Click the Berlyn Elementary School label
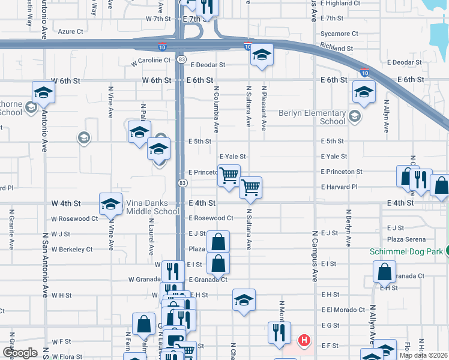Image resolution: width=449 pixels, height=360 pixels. (312, 117)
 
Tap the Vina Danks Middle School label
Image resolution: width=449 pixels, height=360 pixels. (152, 207)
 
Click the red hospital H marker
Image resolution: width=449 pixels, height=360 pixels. (305, 340)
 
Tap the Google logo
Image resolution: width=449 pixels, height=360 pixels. (20, 353)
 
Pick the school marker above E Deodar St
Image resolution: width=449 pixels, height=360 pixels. (262, 55)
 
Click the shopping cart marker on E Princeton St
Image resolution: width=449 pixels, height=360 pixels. (229, 175)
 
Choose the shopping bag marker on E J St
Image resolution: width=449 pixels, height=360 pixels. (218, 242)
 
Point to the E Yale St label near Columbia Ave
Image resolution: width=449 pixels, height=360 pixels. (235, 157)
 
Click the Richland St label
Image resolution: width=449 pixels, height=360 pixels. (336, 48)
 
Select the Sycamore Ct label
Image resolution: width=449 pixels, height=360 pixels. (339, 34)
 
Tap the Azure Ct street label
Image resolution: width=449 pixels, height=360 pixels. (70, 31)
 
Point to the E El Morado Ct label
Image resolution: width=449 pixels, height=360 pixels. (343, 310)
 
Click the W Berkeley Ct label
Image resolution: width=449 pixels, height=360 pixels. (72, 249)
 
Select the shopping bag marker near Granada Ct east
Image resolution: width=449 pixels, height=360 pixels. (384, 272)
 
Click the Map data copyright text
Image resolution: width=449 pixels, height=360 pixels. (423, 355)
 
